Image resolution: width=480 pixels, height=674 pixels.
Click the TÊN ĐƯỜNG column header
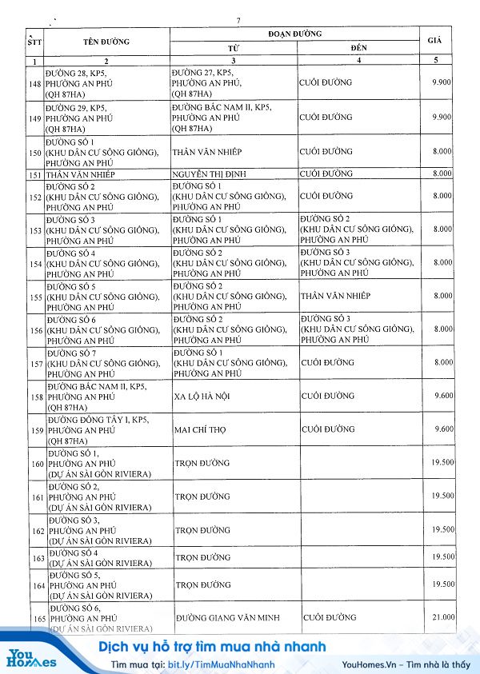click(106, 41)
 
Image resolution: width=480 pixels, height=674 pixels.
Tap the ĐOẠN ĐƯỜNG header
click(294, 34)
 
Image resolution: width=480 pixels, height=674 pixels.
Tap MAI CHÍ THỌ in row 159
click(200, 429)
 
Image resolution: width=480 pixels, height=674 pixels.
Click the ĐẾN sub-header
click(358, 49)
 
